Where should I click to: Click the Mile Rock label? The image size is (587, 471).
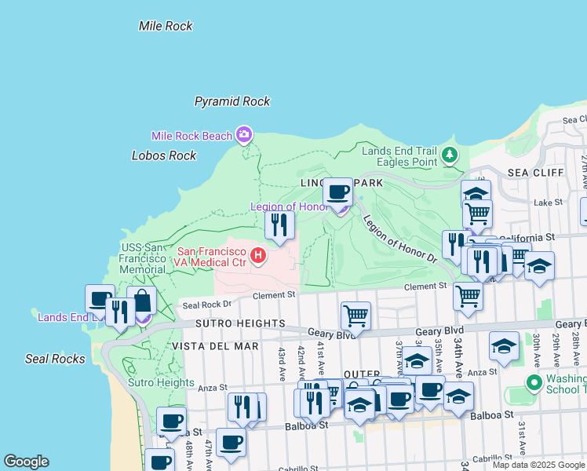[x=166, y=26]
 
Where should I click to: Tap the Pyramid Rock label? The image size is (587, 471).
[x=232, y=101]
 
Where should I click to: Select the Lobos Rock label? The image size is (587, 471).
[x=164, y=155]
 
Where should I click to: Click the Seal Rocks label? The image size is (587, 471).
[x=54, y=359]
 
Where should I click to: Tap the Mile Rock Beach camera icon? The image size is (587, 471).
[x=244, y=135]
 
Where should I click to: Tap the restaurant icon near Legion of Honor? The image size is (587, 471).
[x=279, y=225]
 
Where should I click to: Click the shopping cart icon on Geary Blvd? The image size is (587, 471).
[x=356, y=316]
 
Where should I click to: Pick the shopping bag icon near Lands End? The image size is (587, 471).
[x=141, y=300]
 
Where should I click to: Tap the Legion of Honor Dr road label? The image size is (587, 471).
[x=399, y=239]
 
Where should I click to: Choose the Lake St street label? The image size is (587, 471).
[x=544, y=203]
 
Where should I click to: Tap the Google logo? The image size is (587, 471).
[x=27, y=462]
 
